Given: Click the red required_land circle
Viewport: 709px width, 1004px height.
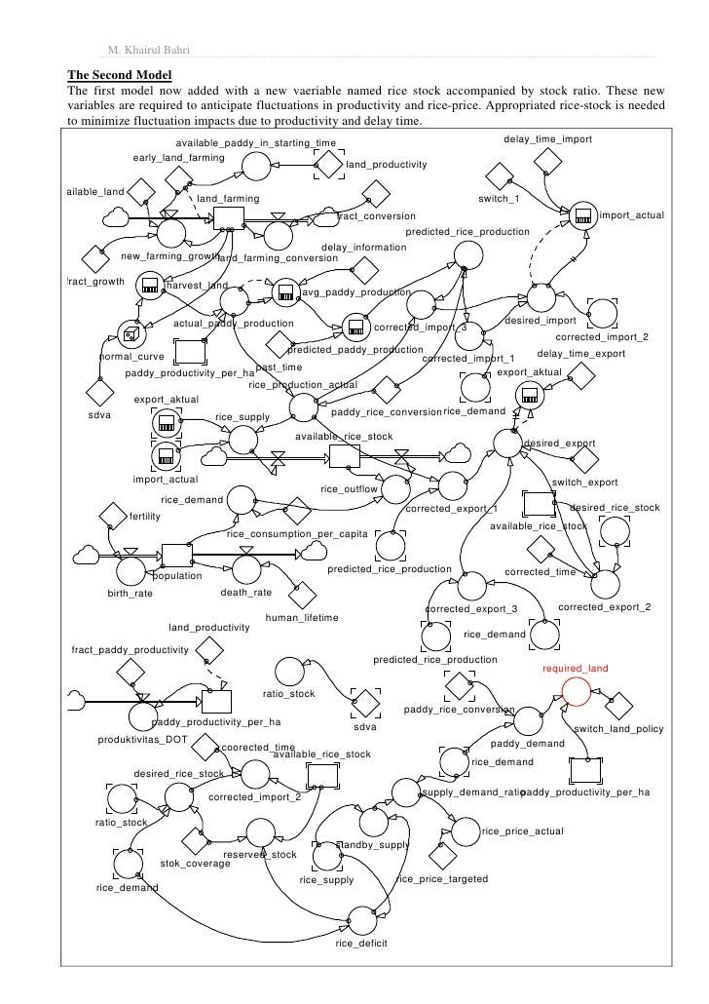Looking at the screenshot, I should tap(576, 690).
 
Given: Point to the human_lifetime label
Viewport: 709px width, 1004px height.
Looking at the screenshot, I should tap(302, 618).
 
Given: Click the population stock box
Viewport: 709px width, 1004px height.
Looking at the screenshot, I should tap(177, 556).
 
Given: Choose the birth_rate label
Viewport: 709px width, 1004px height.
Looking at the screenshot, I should tap(130, 593).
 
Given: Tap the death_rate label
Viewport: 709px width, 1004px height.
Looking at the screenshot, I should tap(246, 592).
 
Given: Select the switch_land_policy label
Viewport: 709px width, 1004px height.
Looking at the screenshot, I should tap(618, 729).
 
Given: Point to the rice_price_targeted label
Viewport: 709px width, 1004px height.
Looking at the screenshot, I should tap(442, 879).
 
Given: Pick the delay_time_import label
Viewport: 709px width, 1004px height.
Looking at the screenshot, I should tap(547, 140).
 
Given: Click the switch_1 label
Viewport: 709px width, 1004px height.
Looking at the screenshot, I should tap(499, 199).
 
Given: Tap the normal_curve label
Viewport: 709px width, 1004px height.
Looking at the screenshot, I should tap(132, 357).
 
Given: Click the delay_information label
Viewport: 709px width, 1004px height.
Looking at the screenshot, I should tap(363, 248).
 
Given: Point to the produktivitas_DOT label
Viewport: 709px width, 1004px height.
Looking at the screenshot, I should tap(143, 739).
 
